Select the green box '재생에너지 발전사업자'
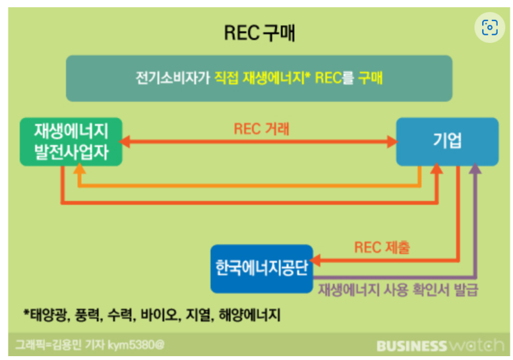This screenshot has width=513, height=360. click(70, 142)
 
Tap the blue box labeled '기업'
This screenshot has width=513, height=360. click(446, 141)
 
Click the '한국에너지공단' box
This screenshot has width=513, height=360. click(262, 268)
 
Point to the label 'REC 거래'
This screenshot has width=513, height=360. click(262, 128)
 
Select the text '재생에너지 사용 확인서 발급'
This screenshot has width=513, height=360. click(398, 288)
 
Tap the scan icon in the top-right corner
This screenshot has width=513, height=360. click(490, 27)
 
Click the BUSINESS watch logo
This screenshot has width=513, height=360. click(440, 346)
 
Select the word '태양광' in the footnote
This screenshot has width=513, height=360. click(49, 315)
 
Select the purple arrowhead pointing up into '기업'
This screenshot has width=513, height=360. click(475, 169)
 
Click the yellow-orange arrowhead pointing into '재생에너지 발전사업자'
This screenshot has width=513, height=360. click(79, 169)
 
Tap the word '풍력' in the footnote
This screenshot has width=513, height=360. click(88, 315)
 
